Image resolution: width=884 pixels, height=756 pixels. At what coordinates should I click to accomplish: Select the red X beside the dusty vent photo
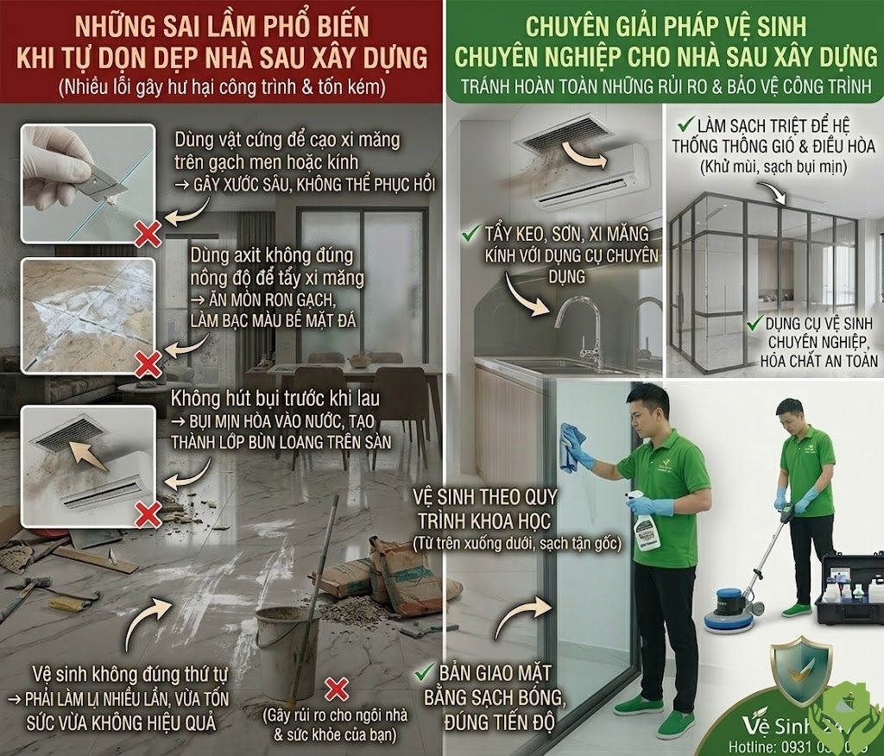pos(149,514)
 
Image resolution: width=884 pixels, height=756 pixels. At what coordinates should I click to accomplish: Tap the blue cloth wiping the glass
pos(571,446)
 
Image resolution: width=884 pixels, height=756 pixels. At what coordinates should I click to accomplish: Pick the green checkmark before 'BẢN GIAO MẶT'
pos(423,671)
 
